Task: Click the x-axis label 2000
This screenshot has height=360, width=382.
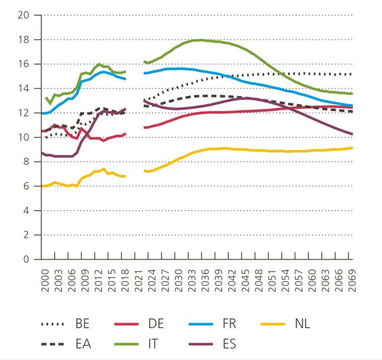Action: (x=45, y=276)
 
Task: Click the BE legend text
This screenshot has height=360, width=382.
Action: (x=83, y=324)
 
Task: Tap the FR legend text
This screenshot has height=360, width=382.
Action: (x=229, y=324)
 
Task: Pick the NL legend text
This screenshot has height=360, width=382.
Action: (x=302, y=324)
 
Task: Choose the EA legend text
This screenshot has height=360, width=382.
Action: (x=83, y=344)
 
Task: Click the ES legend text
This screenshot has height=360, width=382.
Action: (x=229, y=344)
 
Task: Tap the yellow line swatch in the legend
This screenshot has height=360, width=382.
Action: (x=273, y=324)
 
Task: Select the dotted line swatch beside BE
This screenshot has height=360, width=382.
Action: (x=53, y=324)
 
